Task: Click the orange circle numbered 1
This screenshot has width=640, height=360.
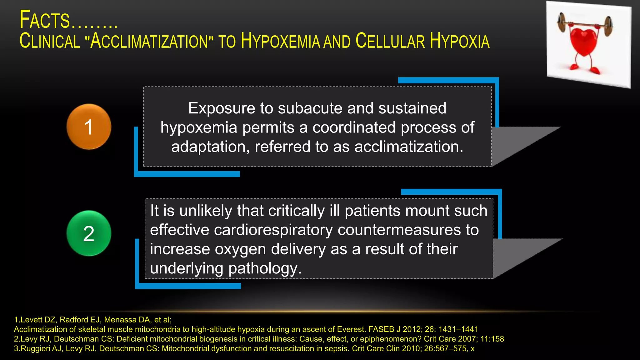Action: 89,127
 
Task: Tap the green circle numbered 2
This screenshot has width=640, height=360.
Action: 89,233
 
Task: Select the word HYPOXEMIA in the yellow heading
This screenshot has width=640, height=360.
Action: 280,41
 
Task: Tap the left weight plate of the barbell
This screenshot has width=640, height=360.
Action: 562,22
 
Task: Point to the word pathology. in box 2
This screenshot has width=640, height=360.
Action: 265,268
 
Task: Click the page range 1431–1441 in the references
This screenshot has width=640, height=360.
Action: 458,329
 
